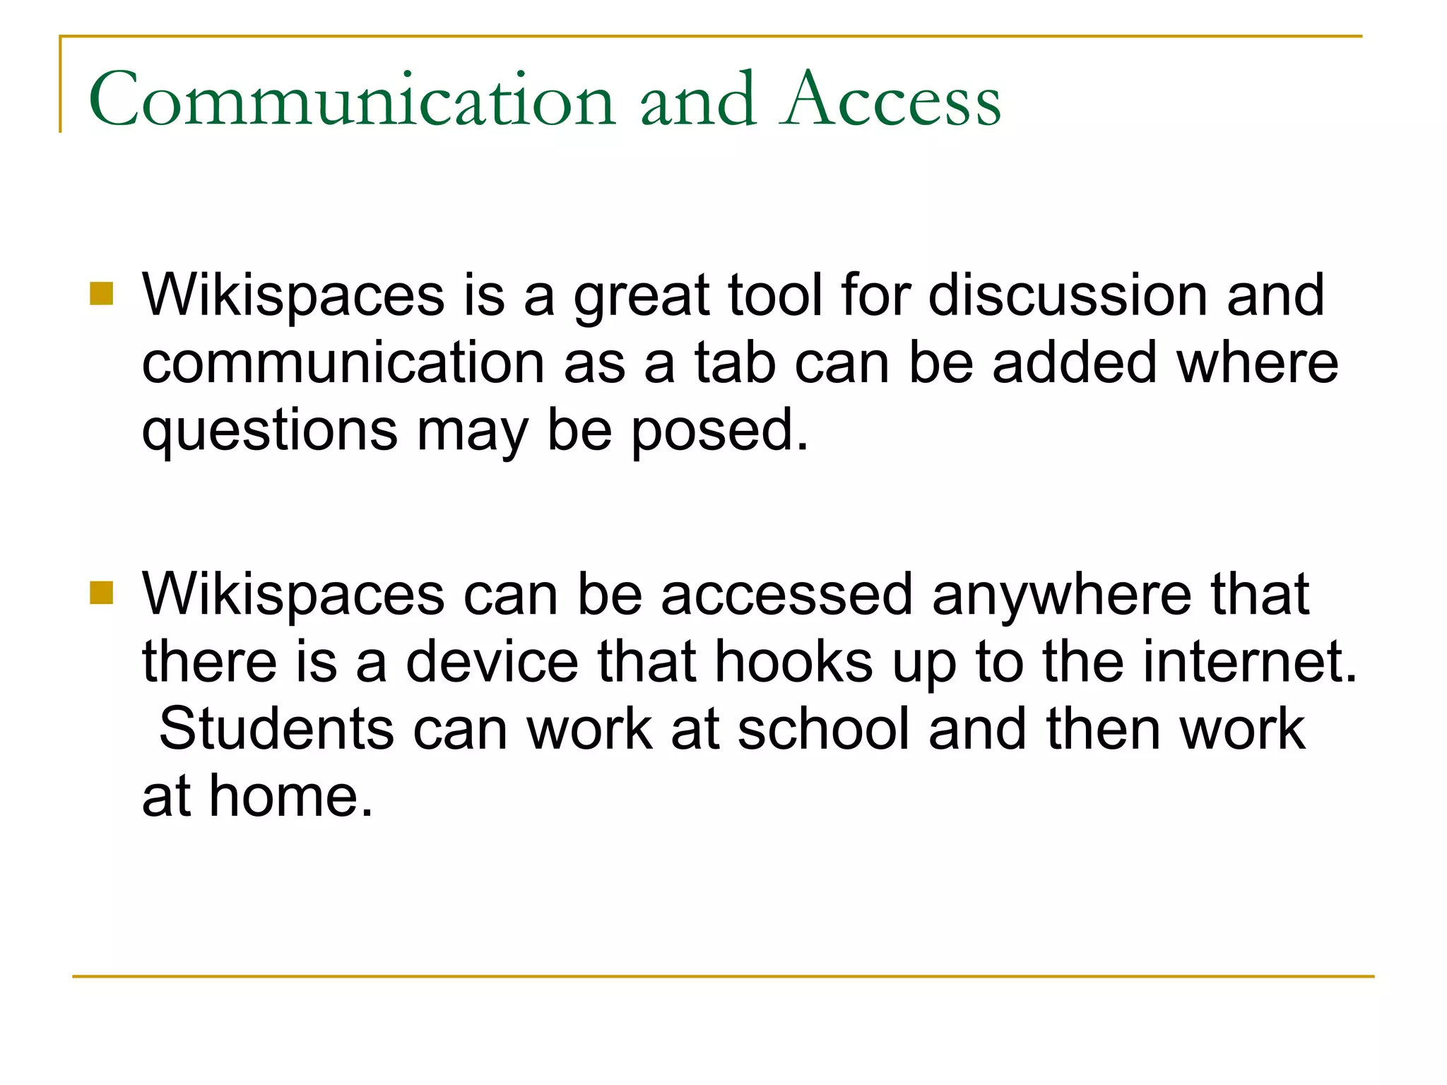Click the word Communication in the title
pyautogui.click(x=352, y=100)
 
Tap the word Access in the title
pyautogui.click(x=892, y=100)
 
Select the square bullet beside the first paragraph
pyautogui.click(x=102, y=293)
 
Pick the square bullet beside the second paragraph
pyautogui.click(x=102, y=593)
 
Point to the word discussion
pyautogui.click(x=1068, y=295)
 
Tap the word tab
pyautogui.click(x=736, y=362)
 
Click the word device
pyautogui.click(x=492, y=662)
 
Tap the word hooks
pyautogui.click(x=793, y=662)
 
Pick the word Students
pyautogui.click(x=276, y=729)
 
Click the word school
pyautogui.click(x=823, y=729)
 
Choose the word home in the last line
pyautogui.click(x=290, y=797)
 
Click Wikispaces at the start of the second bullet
pyautogui.click(x=293, y=595)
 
